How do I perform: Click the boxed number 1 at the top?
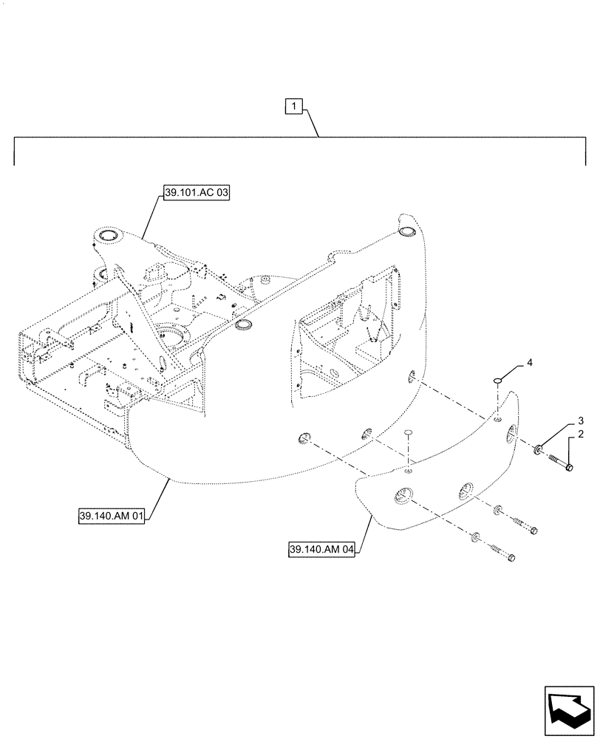[293, 107]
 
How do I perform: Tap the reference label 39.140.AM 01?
[113, 515]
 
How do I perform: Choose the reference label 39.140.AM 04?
[321, 550]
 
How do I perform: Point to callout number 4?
[528, 363]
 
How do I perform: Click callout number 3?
[581, 420]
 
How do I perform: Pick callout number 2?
[581, 435]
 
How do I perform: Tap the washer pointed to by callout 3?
[539, 449]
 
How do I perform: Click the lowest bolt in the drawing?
[502, 553]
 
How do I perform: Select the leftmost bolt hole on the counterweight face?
[304, 440]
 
